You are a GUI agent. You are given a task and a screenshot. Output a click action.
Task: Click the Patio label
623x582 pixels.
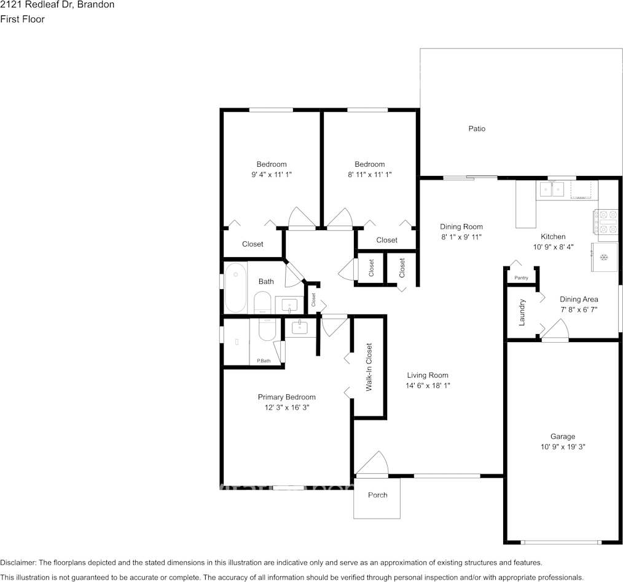pyautogui.click(x=477, y=129)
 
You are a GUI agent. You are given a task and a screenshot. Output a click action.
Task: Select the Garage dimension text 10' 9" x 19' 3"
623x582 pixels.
pyautogui.click(x=562, y=447)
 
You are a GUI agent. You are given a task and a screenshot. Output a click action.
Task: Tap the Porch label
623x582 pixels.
pyautogui.click(x=377, y=495)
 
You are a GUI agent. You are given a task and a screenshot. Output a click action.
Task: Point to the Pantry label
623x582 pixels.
pyautogui.click(x=521, y=278)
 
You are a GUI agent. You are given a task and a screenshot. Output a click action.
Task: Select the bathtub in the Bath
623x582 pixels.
pyautogui.click(x=235, y=288)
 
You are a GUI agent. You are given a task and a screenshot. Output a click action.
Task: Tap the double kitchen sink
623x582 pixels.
pyautogui.click(x=552, y=189)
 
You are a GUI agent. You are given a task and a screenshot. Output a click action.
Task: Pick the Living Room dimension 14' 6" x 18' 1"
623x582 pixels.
pyautogui.click(x=428, y=386)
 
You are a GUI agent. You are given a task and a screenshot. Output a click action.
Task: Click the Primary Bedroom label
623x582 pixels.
pyautogui.click(x=286, y=397)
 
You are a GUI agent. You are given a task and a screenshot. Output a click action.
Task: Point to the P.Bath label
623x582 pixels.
pyautogui.click(x=264, y=361)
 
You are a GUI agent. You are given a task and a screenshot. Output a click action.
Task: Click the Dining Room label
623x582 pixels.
pyautogui.click(x=461, y=226)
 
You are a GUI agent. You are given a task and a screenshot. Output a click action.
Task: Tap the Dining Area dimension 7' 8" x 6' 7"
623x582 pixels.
pyautogui.click(x=579, y=309)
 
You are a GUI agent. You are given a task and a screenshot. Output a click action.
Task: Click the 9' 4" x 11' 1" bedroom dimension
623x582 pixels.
pyautogui.click(x=271, y=174)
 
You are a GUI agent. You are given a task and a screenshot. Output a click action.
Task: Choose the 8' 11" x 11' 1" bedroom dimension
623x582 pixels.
pyautogui.click(x=369, y=174)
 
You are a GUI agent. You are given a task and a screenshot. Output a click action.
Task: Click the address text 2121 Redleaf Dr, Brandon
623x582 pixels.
pyautogui.click(x=57, y=5)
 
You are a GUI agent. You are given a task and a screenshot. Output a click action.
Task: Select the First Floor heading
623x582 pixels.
pyautogui.click(x=22, y=19)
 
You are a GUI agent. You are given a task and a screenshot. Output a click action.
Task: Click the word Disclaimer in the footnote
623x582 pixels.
pyautogui.click(x=18, y=562)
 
